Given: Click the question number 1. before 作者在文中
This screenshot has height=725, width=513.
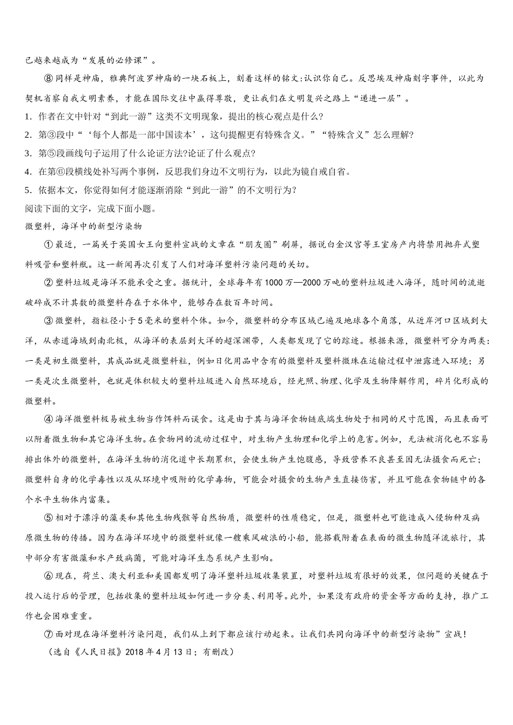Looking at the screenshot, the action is point(28,117).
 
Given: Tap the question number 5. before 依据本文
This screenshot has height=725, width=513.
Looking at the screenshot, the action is point(28,190).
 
